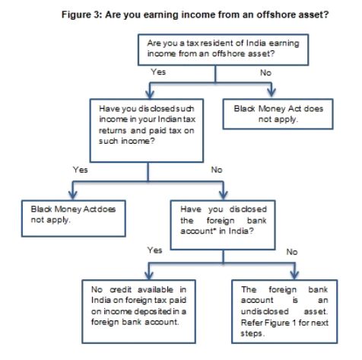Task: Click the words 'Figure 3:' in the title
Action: coord(81,14)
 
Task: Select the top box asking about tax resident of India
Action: coord(223,50)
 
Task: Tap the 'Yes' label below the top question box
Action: coord(158,72)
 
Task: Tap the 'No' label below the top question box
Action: coord(265,73)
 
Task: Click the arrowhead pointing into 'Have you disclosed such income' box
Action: coord(150,93)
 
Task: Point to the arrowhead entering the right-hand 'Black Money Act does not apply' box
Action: coord(271,92)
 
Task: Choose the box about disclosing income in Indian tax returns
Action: coord(147,131)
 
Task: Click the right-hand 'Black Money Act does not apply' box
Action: coord(278,114)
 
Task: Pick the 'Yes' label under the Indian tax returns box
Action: coord(81,170)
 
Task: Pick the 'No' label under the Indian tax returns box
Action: coord(217,170)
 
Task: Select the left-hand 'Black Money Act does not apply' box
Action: coord(74,218)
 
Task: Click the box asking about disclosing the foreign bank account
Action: coord(223,225)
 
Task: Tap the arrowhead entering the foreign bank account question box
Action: coord(223,195)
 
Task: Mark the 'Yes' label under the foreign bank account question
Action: coord(155,250)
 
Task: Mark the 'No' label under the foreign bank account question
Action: coord(292,252)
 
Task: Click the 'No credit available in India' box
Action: coord(138,312)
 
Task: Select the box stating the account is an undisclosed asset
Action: coord(284,312)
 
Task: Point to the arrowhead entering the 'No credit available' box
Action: coord(149,275)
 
